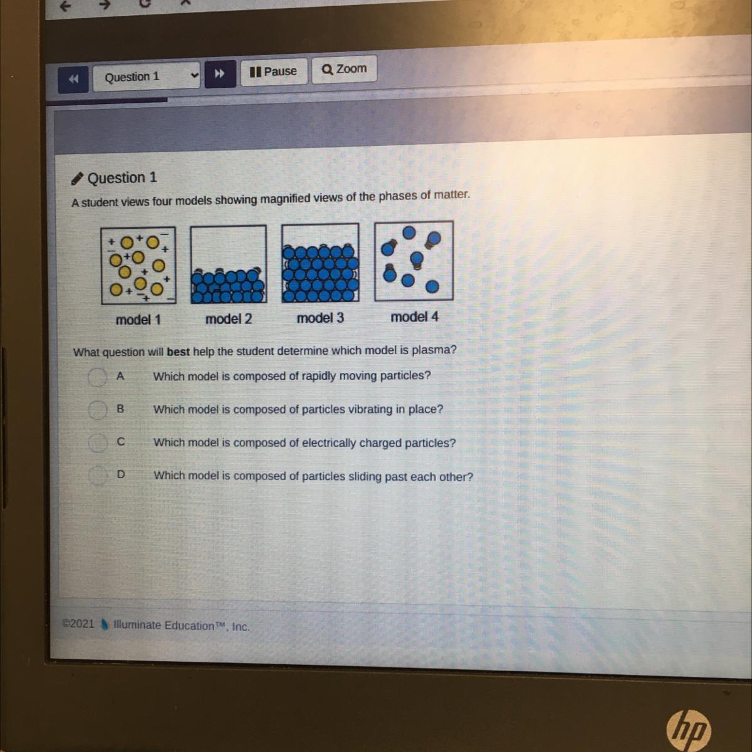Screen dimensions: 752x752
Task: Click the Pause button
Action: pyautogui.click(x=274, y=71)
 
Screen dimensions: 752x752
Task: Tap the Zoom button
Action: pyautogui.click(x=344, y=69)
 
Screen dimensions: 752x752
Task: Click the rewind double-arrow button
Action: pyautogui.click(x=73, y=79)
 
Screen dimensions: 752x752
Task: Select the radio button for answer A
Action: pyautogui.click(x=97, y=377)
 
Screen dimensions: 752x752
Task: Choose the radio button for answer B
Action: pyautogui.click(x=97, y=410)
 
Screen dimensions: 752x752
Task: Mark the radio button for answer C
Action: pyautogui.click(x=97, y=442)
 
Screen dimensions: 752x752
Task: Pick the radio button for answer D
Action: pyautogui.click(x=97, y=475)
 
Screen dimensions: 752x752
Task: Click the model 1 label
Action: pyautogui.click(x=138, y=320)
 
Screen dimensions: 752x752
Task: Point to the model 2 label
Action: pyautogui.click(x=229, y=319)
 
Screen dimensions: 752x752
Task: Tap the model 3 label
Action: pyautogui.click(x=320, y=318)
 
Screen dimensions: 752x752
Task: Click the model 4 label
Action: pyautogui.click(x=415, y=317)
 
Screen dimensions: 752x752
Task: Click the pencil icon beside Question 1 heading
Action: pyautogui.click(x=77, y=179)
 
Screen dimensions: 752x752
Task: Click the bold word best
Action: pyautogui.click(x=179, y=352)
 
